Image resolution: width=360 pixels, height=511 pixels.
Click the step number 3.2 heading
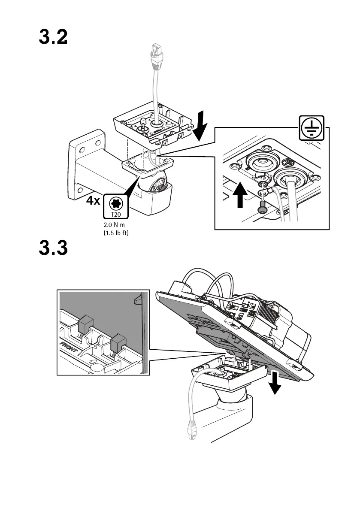point(53,38)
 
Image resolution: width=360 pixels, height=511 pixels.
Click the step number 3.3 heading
point(53,248)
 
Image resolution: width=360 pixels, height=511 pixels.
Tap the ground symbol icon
point(312,128)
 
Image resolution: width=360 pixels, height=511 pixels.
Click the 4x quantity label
point(93,201)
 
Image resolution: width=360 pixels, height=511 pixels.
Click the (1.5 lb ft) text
point(116,234)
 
